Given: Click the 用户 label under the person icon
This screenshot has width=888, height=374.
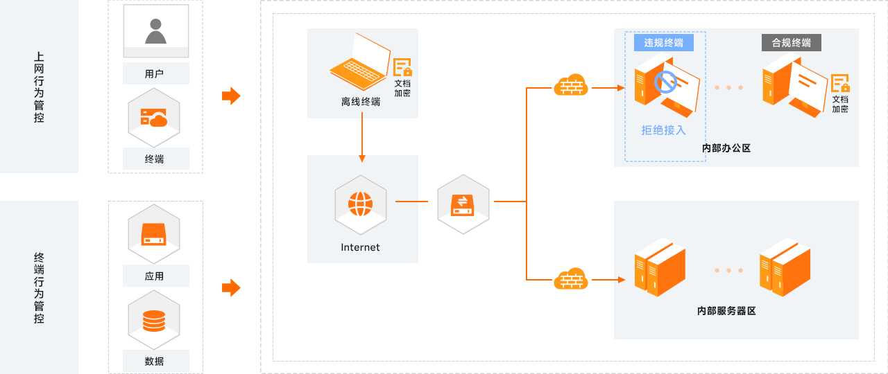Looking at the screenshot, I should [155, 73].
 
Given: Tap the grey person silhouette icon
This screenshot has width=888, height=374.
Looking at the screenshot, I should [155, 31].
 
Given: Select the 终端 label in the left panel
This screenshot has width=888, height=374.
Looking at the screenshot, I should [155, 159].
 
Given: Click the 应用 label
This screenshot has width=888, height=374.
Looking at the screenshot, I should [155, 276].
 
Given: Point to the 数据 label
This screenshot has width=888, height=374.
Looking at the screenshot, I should [155, 361].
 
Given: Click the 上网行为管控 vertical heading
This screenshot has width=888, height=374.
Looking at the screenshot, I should [39, 87].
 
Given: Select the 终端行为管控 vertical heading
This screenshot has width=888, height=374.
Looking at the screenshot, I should [39, 288].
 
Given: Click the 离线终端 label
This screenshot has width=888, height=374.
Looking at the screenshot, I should [361, 102].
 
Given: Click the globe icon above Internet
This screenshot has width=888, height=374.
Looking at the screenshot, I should [361, 204].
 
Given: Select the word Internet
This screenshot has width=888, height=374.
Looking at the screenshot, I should [361, 247].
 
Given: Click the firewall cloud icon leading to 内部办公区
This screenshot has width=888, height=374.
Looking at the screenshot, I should [571, 86].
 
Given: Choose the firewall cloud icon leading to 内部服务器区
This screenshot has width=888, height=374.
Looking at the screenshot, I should [571, 279].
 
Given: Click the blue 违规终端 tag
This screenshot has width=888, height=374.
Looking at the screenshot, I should [664, 42].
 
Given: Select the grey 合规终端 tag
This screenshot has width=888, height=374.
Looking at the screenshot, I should [792, 42].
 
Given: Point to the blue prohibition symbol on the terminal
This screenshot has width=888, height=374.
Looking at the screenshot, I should [665, 82].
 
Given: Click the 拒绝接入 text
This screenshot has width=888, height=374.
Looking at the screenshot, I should [664, 130].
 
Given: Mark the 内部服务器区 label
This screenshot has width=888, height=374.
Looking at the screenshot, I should [726, 311].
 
